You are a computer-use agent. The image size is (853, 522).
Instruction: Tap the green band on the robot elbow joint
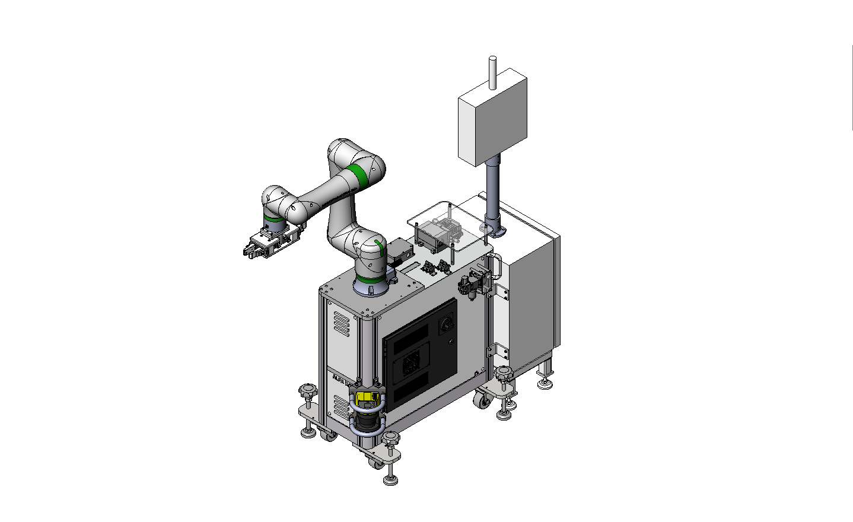click(x=357, y=176)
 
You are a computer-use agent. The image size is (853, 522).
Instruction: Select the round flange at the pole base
click(x=492, y=230)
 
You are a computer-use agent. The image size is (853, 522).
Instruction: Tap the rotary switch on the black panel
click(x=444, y=324)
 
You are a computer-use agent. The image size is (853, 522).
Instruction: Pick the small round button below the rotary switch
click(x=451, y=341)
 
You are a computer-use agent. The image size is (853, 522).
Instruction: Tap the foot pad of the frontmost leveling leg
click(x=390, y=480)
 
